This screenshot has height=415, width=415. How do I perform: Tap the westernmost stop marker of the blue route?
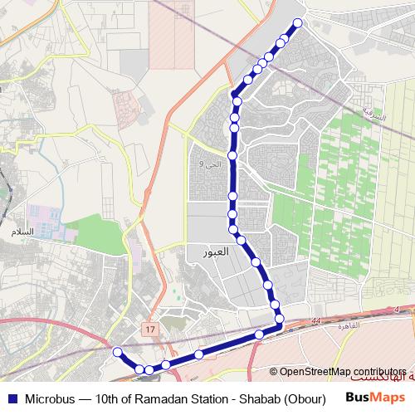118,352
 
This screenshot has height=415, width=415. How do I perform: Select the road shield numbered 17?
149,330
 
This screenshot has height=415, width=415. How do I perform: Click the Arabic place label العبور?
203,250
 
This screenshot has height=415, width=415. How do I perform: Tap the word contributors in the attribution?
381,371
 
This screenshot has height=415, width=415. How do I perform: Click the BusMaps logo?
370,398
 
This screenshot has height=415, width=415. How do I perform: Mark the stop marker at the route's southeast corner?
280,317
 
